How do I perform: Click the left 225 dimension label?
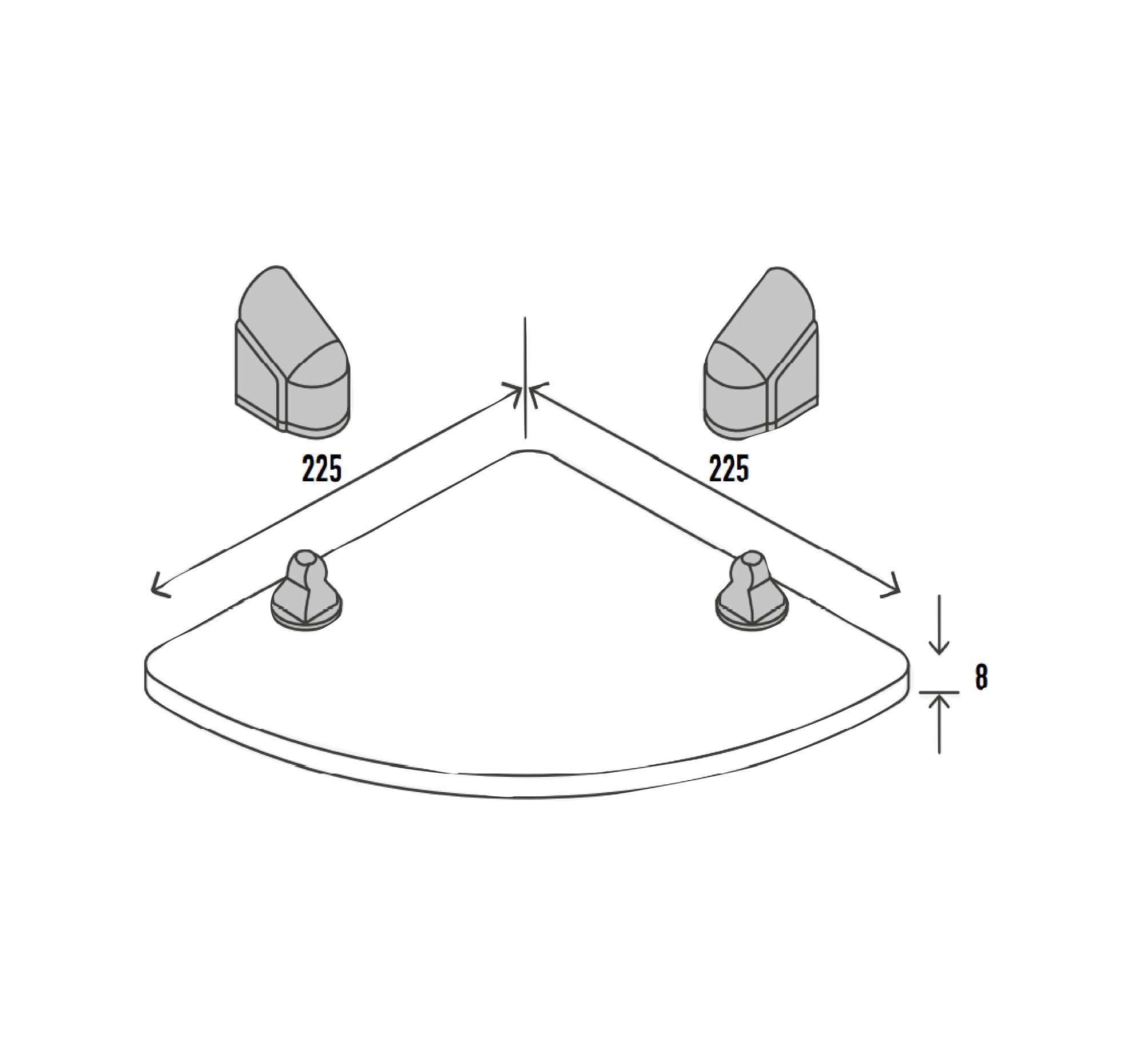(321, 469)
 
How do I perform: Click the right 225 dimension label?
(728, 469)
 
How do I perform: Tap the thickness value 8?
(981, 678)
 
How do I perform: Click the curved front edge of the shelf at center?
(526, 776)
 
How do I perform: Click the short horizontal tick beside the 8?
(939, 692)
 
